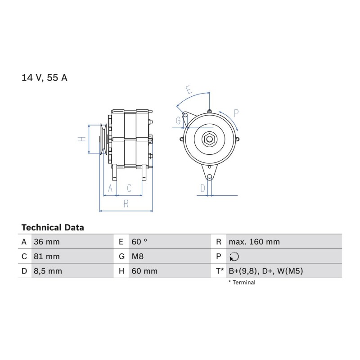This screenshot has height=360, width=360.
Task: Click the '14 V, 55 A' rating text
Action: click(x=44, y=77)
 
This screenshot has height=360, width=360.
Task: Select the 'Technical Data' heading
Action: click(x=53, y=228)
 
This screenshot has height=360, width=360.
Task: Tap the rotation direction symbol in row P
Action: click(x=234, y=256)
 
